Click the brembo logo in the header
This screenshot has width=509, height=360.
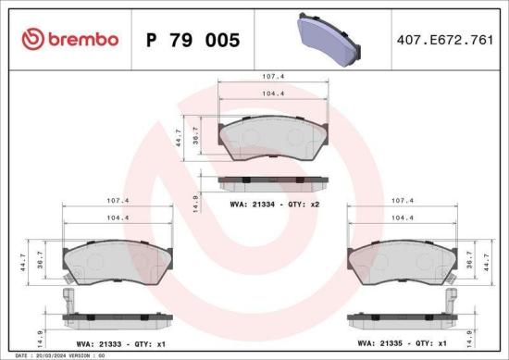coord(70,39)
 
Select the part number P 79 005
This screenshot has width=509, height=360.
coord(192,40)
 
